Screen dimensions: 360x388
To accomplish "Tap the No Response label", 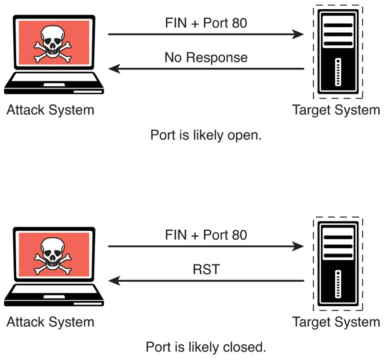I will (x=206, y=57).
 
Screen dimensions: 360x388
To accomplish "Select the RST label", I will (x=206, y=270).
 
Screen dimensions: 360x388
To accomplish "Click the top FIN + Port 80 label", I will (x=206, y=24).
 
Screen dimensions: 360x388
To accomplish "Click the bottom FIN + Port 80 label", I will (x=206, y=236).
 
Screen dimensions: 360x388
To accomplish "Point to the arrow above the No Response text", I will (x=206, y=34).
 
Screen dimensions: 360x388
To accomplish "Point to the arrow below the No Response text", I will (x=206, y=69).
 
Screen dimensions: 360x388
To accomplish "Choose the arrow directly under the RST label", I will (x=206, y=282).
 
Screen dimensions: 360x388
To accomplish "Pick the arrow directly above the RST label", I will (x=206, y=247).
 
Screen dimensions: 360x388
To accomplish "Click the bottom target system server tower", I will (x=336, y=263).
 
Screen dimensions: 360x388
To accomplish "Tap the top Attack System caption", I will (x=50, y=110).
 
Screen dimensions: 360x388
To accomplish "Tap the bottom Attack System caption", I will (x=50, y=322).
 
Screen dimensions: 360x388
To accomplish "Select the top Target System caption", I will (x=336, y=110).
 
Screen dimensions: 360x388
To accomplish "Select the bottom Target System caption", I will (x=336, y=322).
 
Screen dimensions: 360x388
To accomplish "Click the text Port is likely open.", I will (x=207, y=136).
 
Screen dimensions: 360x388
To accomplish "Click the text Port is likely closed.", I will (x=207, y=348).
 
